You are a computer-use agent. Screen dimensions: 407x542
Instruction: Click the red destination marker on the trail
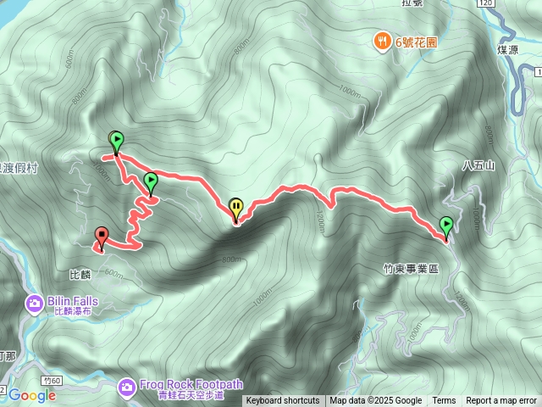coord(102,237)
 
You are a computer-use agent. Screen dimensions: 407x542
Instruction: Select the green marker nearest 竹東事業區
coord(446,226)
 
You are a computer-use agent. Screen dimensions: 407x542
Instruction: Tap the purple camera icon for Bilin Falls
coord(35,302)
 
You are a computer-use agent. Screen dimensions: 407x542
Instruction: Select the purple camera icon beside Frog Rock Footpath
coord(126,387)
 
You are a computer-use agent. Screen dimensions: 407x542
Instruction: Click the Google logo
coord(31,394)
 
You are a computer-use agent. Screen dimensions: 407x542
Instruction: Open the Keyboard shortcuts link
coord(283,401)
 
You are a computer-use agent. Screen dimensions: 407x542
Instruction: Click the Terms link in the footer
coord(444,401)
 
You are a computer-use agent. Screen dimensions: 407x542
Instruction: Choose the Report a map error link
coord(501,401)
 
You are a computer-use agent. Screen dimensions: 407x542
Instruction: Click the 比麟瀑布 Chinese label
coord(75,311)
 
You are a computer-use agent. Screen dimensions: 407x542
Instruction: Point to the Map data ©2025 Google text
coord(376,401)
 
